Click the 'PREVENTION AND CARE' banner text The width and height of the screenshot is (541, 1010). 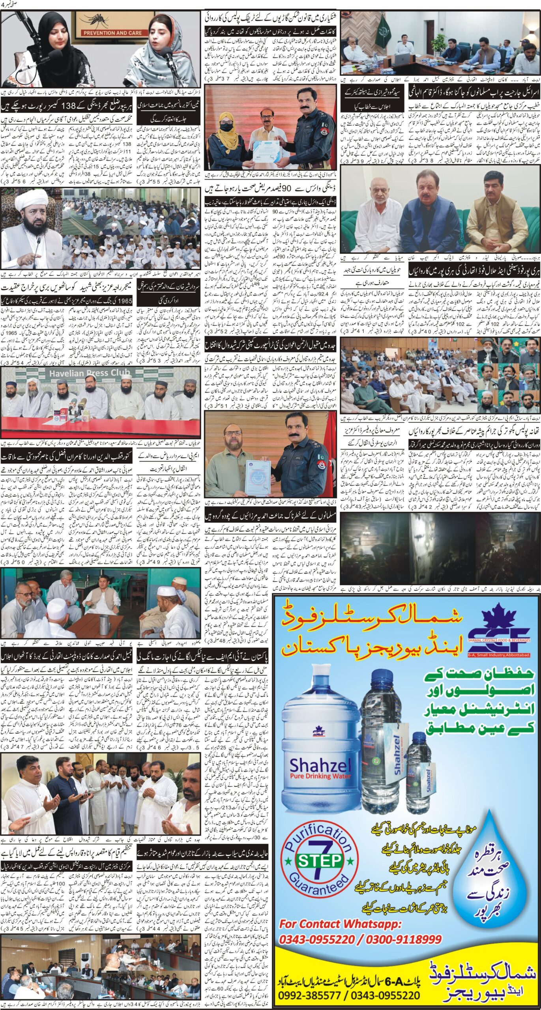(x=112, y=33)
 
